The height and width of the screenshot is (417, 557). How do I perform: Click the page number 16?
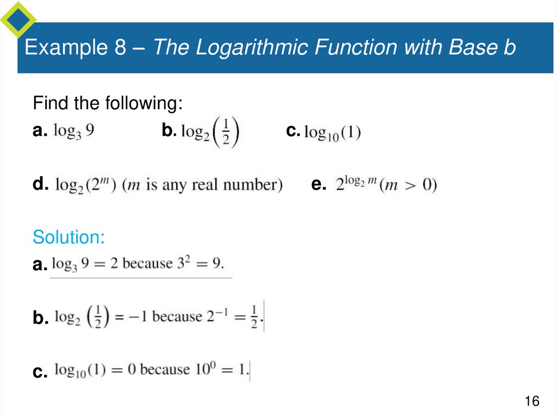coord(531,401)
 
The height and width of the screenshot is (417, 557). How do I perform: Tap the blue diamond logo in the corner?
coord(17,19)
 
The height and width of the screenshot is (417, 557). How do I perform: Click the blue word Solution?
coord(69,237)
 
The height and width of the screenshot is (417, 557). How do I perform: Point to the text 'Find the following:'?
coord(107,103)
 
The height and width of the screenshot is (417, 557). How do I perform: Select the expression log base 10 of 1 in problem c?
coord(332,132)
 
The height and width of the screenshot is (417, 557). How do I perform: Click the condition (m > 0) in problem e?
coord(409,185)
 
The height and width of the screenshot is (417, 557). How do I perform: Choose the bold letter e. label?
coord(318,184)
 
